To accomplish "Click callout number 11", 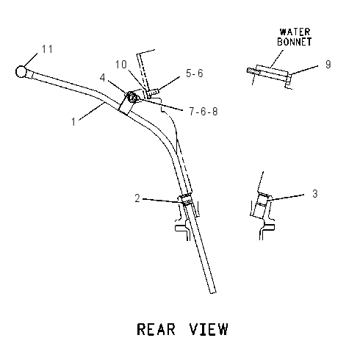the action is point(47,49).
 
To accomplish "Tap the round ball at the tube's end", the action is point(21,72).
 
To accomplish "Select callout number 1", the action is point(73,122).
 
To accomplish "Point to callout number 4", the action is point(102,78).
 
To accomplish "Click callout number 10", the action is point(121,65).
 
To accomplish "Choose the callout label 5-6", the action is point(195,73).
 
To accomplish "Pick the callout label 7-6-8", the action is point(204,112).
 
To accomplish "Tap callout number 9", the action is point(328,65).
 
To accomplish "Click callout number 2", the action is point(137,198).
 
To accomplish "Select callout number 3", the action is point(315,194).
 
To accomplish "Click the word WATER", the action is point(295,32).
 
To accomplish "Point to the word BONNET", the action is point(295,42).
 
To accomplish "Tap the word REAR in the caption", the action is point(156,329).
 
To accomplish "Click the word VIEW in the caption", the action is point(209,329).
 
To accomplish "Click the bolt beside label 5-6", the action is point(154,93).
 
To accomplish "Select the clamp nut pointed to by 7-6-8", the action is point(132,97).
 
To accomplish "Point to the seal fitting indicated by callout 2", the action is point(186,199).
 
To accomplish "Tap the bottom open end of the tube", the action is point(213,292).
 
